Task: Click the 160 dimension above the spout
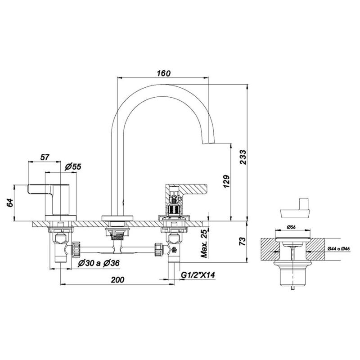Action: pyautogui.click(x=164, y=73)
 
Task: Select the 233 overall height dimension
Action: pyautogui.click(x=243, y=157)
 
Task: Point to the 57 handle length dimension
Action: pyautogui.click(x=45, y=157)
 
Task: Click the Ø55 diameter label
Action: pyautogui.click(x=73, y=166)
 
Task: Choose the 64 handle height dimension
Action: pyautogui.click(x=10, y=203)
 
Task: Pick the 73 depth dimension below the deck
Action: pyautogui.click(x=243, y=241)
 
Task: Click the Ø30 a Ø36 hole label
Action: pyautogui.click(x=99, y=263)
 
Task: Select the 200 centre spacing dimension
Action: pyautogui.click(x=117, y=280)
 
